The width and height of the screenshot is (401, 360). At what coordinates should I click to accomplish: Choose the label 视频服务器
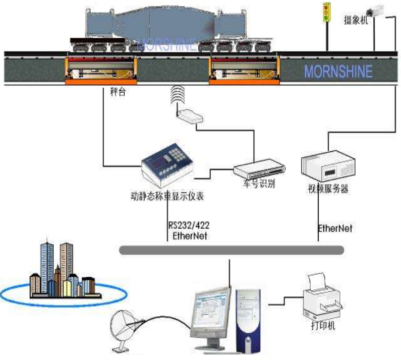pos(328,190)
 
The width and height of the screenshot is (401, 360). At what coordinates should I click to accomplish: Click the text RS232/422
pos(187,226)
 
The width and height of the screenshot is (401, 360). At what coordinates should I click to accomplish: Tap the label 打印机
pos(323,326)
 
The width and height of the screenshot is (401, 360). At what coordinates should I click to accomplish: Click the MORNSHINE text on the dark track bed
pos(338,71)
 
